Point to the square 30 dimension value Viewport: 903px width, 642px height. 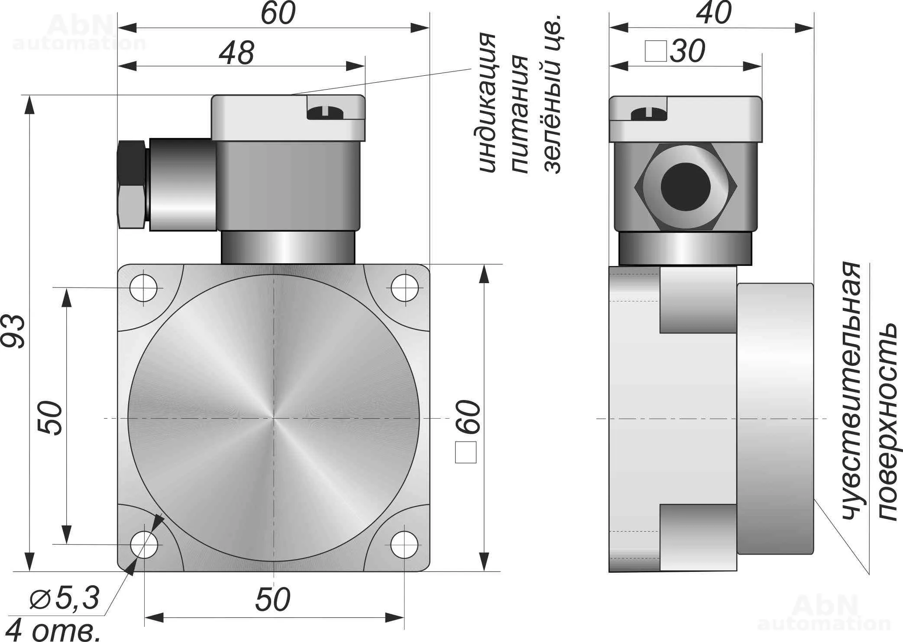pyautogui.click(x=687, y=52)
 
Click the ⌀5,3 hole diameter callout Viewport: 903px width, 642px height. pyautogui.click(x=65, y=598)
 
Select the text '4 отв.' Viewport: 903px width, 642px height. pyautogui.click(x=54, y=630)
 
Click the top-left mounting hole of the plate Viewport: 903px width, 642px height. pyautogui.click(x=144, y=287)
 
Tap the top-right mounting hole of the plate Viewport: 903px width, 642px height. pyautogui.click(x=405, y=287)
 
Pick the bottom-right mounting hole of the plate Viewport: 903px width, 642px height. pyautogui.click(x=405, y=545)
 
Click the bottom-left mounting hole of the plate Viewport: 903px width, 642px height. pyautogui.click(x=144, y=545)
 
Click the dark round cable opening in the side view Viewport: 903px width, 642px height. pyautogui.click(x=686, y=187)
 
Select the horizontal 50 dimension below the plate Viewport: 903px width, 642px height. pyautogui.click(x=272, y=600)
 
